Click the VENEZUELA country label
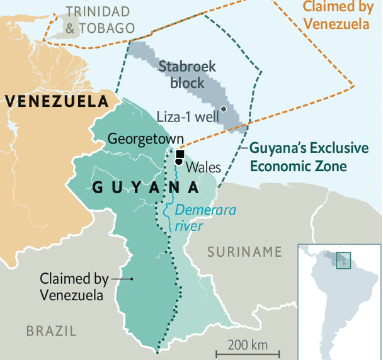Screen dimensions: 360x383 pyautogui.click(x=55, y=101)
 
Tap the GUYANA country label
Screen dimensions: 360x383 pyautogui.click(x=144, y=188)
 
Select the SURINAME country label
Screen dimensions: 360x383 pyautogui.click(x=244, y=252)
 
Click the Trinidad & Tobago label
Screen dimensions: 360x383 pyautogui.click(x=100, y=20)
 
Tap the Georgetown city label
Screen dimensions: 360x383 pyautogui.click(x=146, y=139)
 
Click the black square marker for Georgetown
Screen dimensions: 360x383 pyautogui.click(x=180, y=154)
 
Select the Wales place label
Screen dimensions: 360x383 pyautogui.click(x=203, y=167)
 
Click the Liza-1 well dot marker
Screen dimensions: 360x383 pyautogui.click(x=224, y=110)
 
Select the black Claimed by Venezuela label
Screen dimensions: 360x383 pyautogui.click(x=74, y=286)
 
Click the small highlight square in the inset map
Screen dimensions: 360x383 pyautogui.click(x=343, y=259)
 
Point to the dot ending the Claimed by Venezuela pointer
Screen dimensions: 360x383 pyautogui.click(x=132, y=279)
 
